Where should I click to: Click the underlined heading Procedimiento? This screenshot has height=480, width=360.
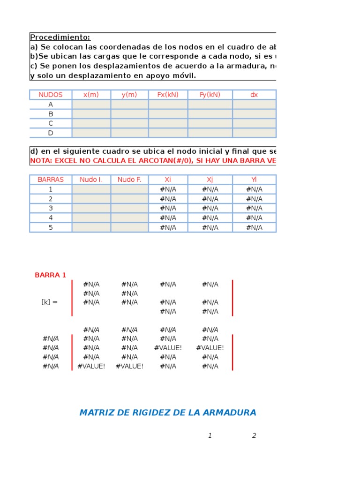pos(60,37)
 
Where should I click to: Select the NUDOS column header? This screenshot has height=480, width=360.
pos(51,95)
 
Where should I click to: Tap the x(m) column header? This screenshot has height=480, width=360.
pos(91,95)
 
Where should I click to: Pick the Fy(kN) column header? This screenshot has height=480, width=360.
pos(210,95)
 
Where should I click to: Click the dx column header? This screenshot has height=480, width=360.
pos(254,95)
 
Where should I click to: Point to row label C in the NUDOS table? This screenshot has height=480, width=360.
pos(51,123)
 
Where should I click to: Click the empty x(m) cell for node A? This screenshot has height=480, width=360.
pos(91,105)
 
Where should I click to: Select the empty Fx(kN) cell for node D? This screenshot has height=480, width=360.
pos(168,133)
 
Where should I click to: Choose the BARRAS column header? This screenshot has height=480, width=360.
pos(51,180)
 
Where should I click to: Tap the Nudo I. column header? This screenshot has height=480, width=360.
pos(91,180)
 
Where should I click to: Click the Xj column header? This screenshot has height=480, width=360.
pos(210,180)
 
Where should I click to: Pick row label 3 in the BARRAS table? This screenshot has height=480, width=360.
pos(51,208)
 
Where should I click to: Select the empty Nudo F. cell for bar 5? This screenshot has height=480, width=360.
pos(129,227)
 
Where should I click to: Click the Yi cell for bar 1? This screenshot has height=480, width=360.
pos(254,189)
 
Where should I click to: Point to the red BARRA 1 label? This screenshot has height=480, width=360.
pos(51,275)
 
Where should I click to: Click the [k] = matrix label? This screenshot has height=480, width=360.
pos(49,302)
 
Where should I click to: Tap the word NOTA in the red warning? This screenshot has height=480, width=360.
pos(40,161)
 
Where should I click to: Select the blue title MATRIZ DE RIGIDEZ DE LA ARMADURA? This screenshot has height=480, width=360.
pos(168,413)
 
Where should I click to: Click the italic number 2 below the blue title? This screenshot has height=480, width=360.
pos(254,436)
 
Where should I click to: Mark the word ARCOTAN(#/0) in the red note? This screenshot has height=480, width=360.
pos(165,161)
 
